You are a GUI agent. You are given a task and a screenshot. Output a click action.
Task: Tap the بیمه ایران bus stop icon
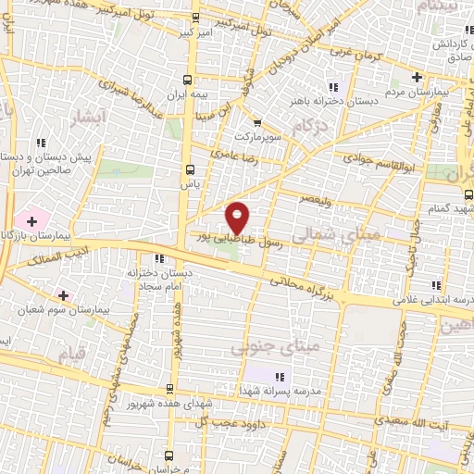[190, 80]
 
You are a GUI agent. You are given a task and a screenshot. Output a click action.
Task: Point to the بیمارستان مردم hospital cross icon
[417, 77]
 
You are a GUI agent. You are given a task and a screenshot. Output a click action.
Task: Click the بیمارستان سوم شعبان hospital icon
[63, 295]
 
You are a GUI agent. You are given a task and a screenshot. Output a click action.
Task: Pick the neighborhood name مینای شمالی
[325, 238]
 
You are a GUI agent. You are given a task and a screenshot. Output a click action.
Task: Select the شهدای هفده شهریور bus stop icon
[168, 389]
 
